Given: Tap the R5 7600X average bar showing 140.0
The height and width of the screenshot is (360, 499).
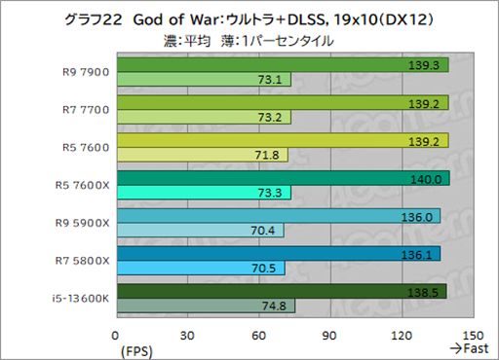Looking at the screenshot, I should (283, 178).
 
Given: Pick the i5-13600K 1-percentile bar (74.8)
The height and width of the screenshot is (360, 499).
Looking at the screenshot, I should (206, 306).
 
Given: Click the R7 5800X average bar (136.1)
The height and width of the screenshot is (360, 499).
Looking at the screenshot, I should (278, 253).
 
